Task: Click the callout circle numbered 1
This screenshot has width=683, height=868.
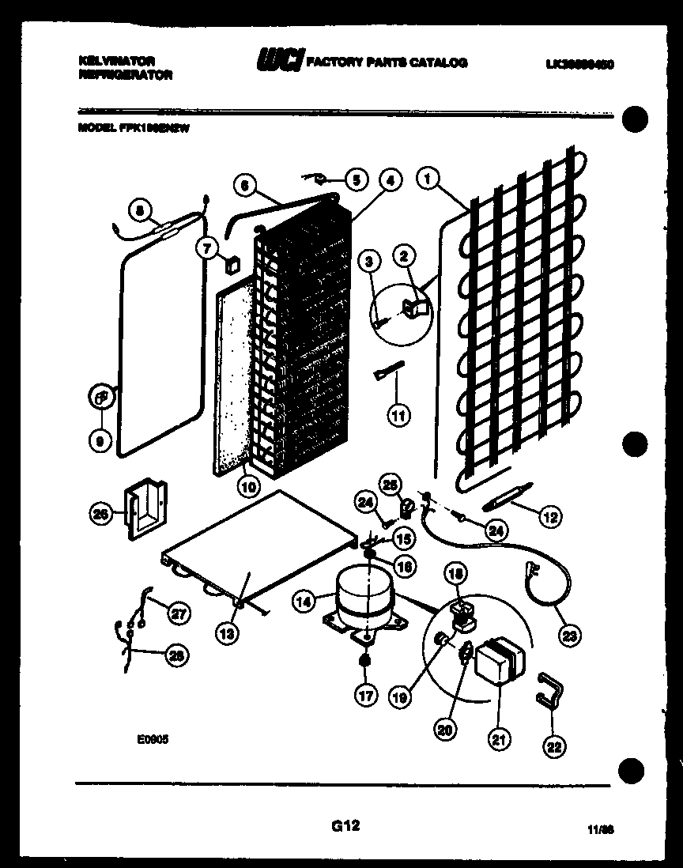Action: point(428,179)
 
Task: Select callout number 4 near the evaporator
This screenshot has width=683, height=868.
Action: point(388,179)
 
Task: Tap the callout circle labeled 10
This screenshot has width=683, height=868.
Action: point(248,488)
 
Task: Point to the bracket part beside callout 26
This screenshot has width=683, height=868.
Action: point(145,509)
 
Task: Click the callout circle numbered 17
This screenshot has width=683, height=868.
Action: point(364,696)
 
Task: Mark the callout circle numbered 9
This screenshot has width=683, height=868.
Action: point(100,443)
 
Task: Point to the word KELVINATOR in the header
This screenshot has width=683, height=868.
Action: point(117,60)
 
